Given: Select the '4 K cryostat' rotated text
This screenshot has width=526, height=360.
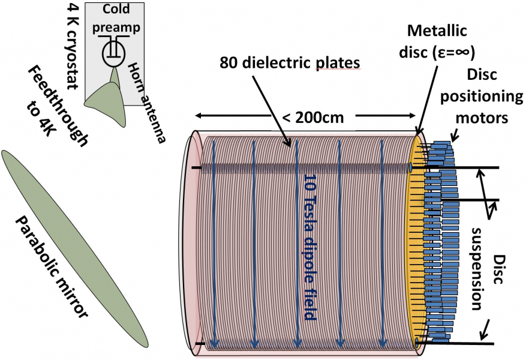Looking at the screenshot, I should pos(75,45).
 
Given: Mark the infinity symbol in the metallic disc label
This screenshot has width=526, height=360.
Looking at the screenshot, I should pos(462,53).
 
